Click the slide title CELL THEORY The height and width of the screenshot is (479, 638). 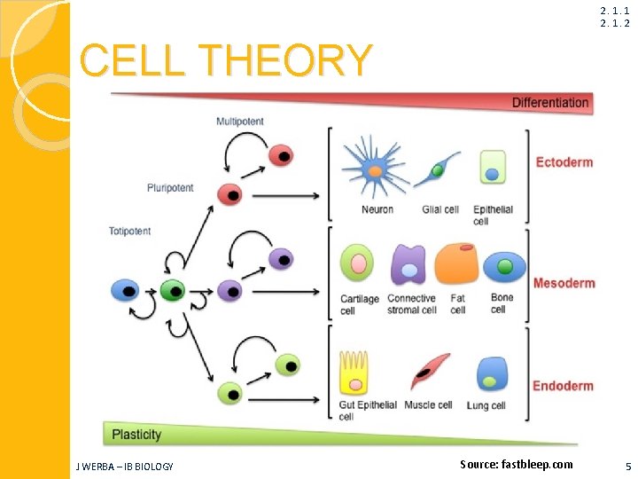click(x=226, y=60)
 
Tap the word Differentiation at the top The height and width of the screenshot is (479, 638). click(x=549, y=103)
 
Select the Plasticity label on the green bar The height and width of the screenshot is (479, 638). click(x=136, y=434)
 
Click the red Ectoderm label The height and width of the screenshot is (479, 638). click(x=564, y=162)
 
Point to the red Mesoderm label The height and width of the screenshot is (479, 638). click(x=564, y=283)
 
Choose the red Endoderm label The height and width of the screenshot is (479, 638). click(x=563, y=386)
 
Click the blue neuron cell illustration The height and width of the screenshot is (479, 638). click(x=374, y=169)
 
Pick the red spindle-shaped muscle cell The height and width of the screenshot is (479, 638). click(x=430, y=370)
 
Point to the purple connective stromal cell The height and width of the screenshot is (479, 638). click(x=408, y=264)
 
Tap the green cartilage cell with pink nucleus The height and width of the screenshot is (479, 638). click(x=357, y=263)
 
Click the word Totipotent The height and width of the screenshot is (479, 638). click(x=130, y=232)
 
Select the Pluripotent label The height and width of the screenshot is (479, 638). click(x=170, y=188)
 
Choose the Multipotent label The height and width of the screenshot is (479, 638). click(x=239, y=122)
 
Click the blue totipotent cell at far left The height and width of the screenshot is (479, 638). click(x=124, y=289)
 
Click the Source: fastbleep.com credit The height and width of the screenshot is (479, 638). click(x=517, y=464)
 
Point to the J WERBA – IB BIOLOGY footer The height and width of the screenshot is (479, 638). click(x=125, y=466)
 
